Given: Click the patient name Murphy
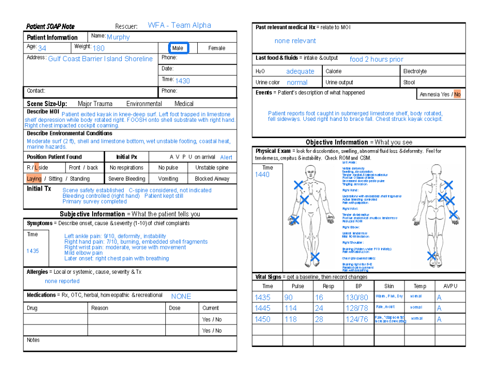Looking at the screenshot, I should [118, 37].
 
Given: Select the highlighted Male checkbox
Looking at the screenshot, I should [179, 48].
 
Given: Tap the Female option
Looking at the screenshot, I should [216, 48].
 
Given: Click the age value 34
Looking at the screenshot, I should [42, 48].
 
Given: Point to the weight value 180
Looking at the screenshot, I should [98, 48].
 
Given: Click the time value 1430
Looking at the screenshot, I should [182, 81].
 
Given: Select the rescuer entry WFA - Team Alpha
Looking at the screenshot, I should [179, 25].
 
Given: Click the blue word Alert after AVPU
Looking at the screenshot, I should [226, 157].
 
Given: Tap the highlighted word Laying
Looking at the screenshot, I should [34, 179].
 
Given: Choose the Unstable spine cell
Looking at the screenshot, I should [212, 168].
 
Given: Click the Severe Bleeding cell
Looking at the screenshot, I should [127, 179].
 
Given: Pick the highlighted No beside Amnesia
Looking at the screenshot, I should [457, 94].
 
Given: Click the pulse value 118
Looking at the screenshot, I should [290, 319].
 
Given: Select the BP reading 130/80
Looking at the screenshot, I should [357, 297].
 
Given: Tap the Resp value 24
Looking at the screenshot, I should [319, 308].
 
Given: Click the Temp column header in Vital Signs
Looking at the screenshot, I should [420, 286].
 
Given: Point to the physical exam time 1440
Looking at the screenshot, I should [262, 175].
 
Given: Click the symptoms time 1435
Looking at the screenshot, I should [32, 251].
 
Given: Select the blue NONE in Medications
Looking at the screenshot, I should [181, 296].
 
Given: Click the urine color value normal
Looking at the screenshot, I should [297, 83].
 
